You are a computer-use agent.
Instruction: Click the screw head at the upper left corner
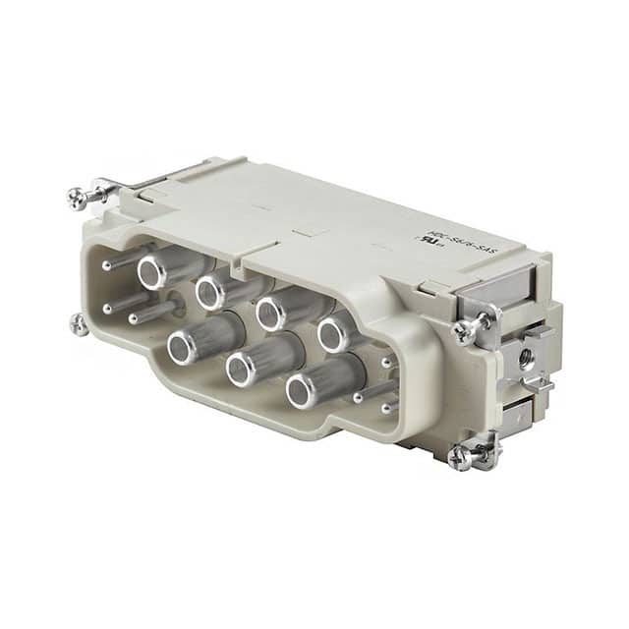tap(78, 198)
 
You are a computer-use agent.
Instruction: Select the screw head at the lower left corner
tap(78, 323)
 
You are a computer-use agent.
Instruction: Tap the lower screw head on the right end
tap(459, 457)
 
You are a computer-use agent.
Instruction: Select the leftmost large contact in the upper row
tap(152, 272)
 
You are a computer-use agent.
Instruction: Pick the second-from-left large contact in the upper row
tap(211, 292)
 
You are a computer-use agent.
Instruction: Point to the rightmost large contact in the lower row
tap(303, 389)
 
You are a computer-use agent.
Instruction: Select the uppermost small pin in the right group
tap(386, 361)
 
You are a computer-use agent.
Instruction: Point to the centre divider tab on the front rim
tap(237, 264)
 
